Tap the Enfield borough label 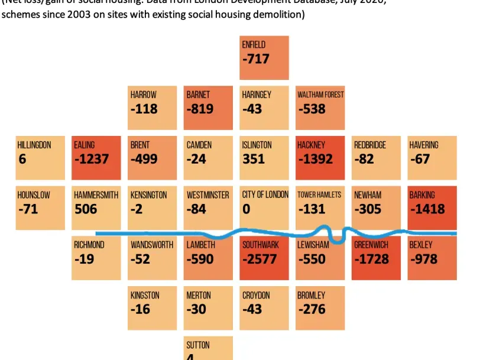point(254,44)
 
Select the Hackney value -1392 point(315,159)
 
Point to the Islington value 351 point(254,159)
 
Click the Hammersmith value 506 point(86,209)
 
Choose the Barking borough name point(421,195)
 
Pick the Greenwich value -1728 point(371,259)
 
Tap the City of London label point(265,195)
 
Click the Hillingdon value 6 point(22,159)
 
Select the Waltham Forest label point(320,95)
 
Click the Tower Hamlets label point(319,195)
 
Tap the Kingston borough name point(145,295)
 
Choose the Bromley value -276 point(312,309)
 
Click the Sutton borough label point(198,345)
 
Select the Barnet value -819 point(199,109)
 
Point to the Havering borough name point(424,145)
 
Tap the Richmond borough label point(89,245)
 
